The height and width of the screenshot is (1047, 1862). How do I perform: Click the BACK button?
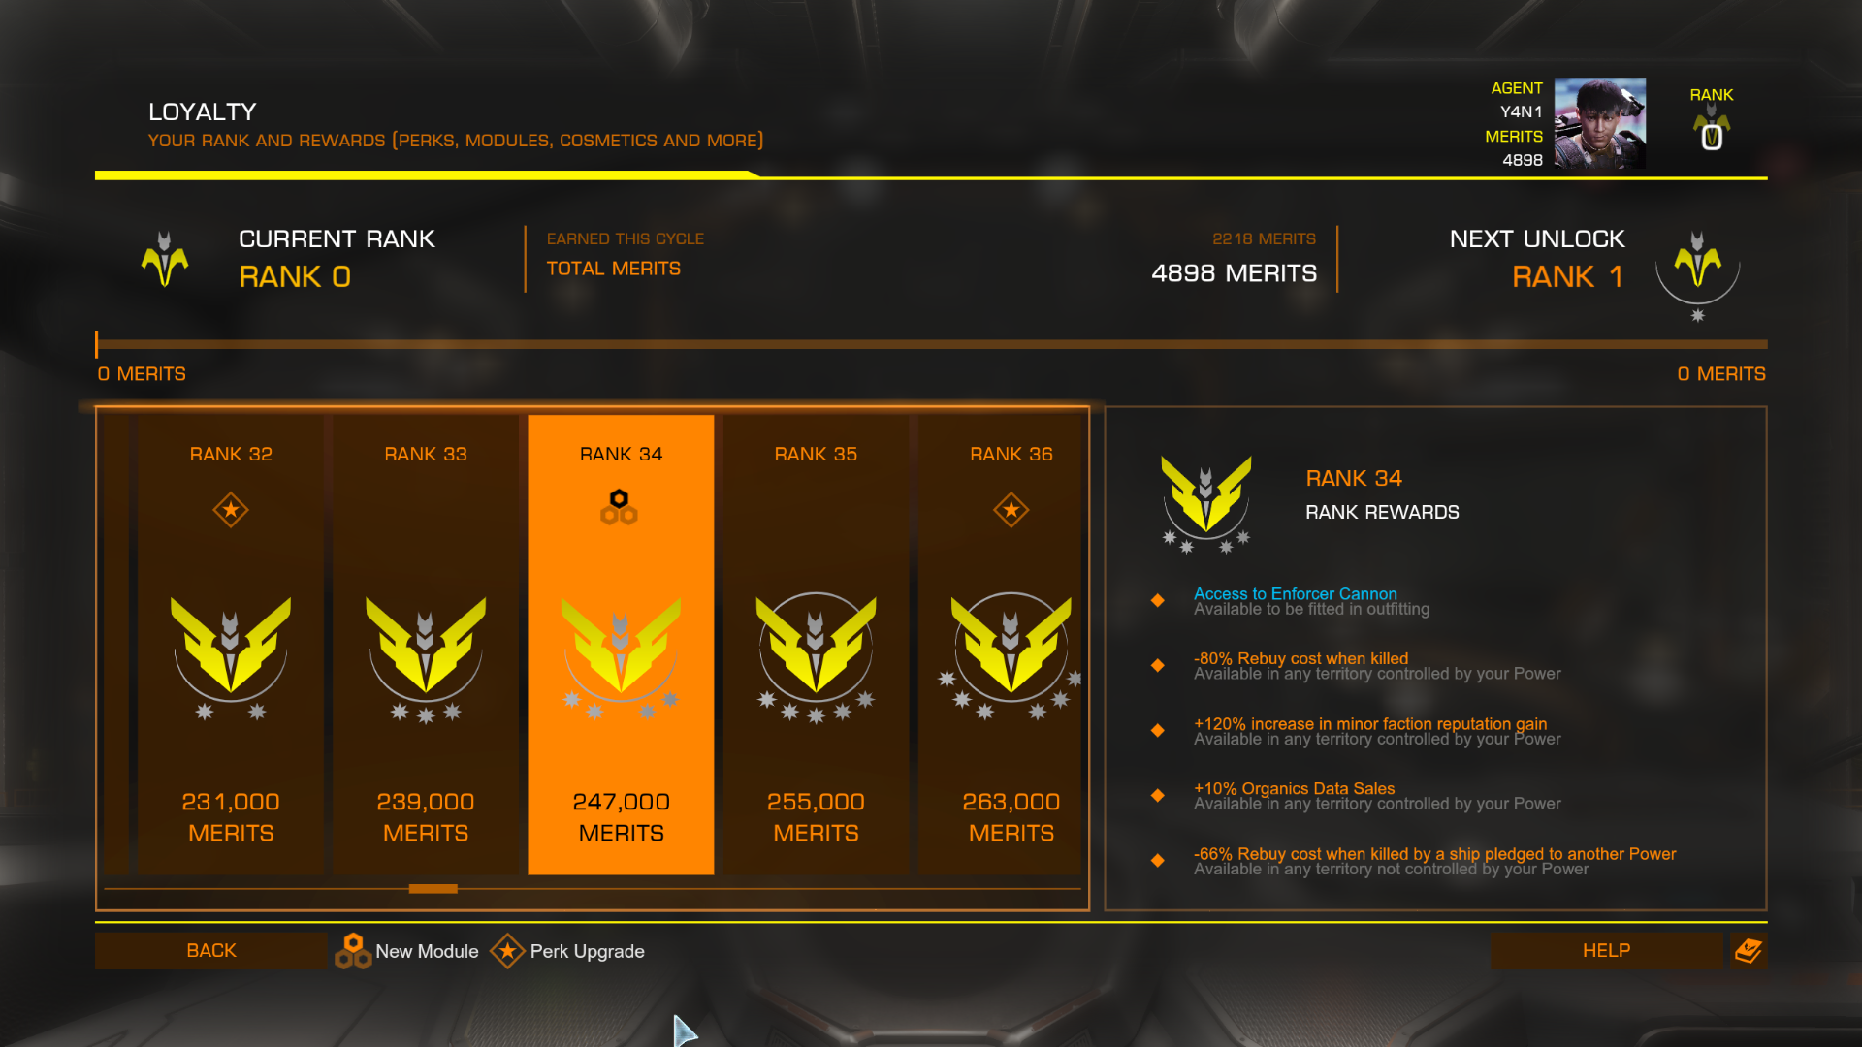pyautogui.click(x=210, y=950)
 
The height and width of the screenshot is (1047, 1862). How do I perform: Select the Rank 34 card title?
pyautogui.click(x=621, y=454)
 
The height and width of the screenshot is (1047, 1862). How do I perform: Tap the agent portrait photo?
pyautogui.click(x=1599, y=123)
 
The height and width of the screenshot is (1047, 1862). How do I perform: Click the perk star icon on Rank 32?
pyautogui.click(x=231, y=509)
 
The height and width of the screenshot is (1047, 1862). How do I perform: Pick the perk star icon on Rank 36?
pyautogui.click(x=1011, y=509)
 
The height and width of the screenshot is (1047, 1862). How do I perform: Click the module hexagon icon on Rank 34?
pyautogui.click(x=619, y=507)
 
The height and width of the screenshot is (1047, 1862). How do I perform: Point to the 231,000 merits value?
pyautogui.click(x=231, y=802)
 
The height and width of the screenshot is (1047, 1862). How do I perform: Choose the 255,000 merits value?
pyautogui.click(x=816, y=802)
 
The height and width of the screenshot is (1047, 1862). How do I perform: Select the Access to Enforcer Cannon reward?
pyautogui.click(x=1295, y=593)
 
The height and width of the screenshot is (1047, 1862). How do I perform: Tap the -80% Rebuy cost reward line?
pyautogui.click(x=1300, y=658)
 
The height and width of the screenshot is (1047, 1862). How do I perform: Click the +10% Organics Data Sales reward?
pyautogui.click(x=1294, y=788)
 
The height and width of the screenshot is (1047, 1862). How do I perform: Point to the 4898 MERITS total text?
pyautogui.click(x=1234, y=273)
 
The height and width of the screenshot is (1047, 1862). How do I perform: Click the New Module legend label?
pyautogui.click(x=427, y=951)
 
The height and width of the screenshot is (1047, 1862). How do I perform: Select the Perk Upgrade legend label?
pyautogui.click(x=587, y=951)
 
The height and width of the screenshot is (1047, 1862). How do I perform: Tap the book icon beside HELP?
pyautogui.click(x=1749, y=950)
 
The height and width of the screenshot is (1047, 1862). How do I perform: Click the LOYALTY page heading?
pyautogui.click(x=203, y=111)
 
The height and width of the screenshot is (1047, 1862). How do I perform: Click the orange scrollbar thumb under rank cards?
pyautogui.click(x=433, y=888)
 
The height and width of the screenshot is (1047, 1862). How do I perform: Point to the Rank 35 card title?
pyautogui.click(x=816, y=454)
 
